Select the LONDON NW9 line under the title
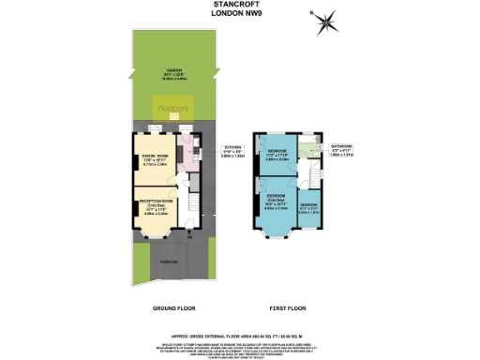click(238, 14)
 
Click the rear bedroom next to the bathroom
click(278, 156)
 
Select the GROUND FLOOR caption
click(173, 307)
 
